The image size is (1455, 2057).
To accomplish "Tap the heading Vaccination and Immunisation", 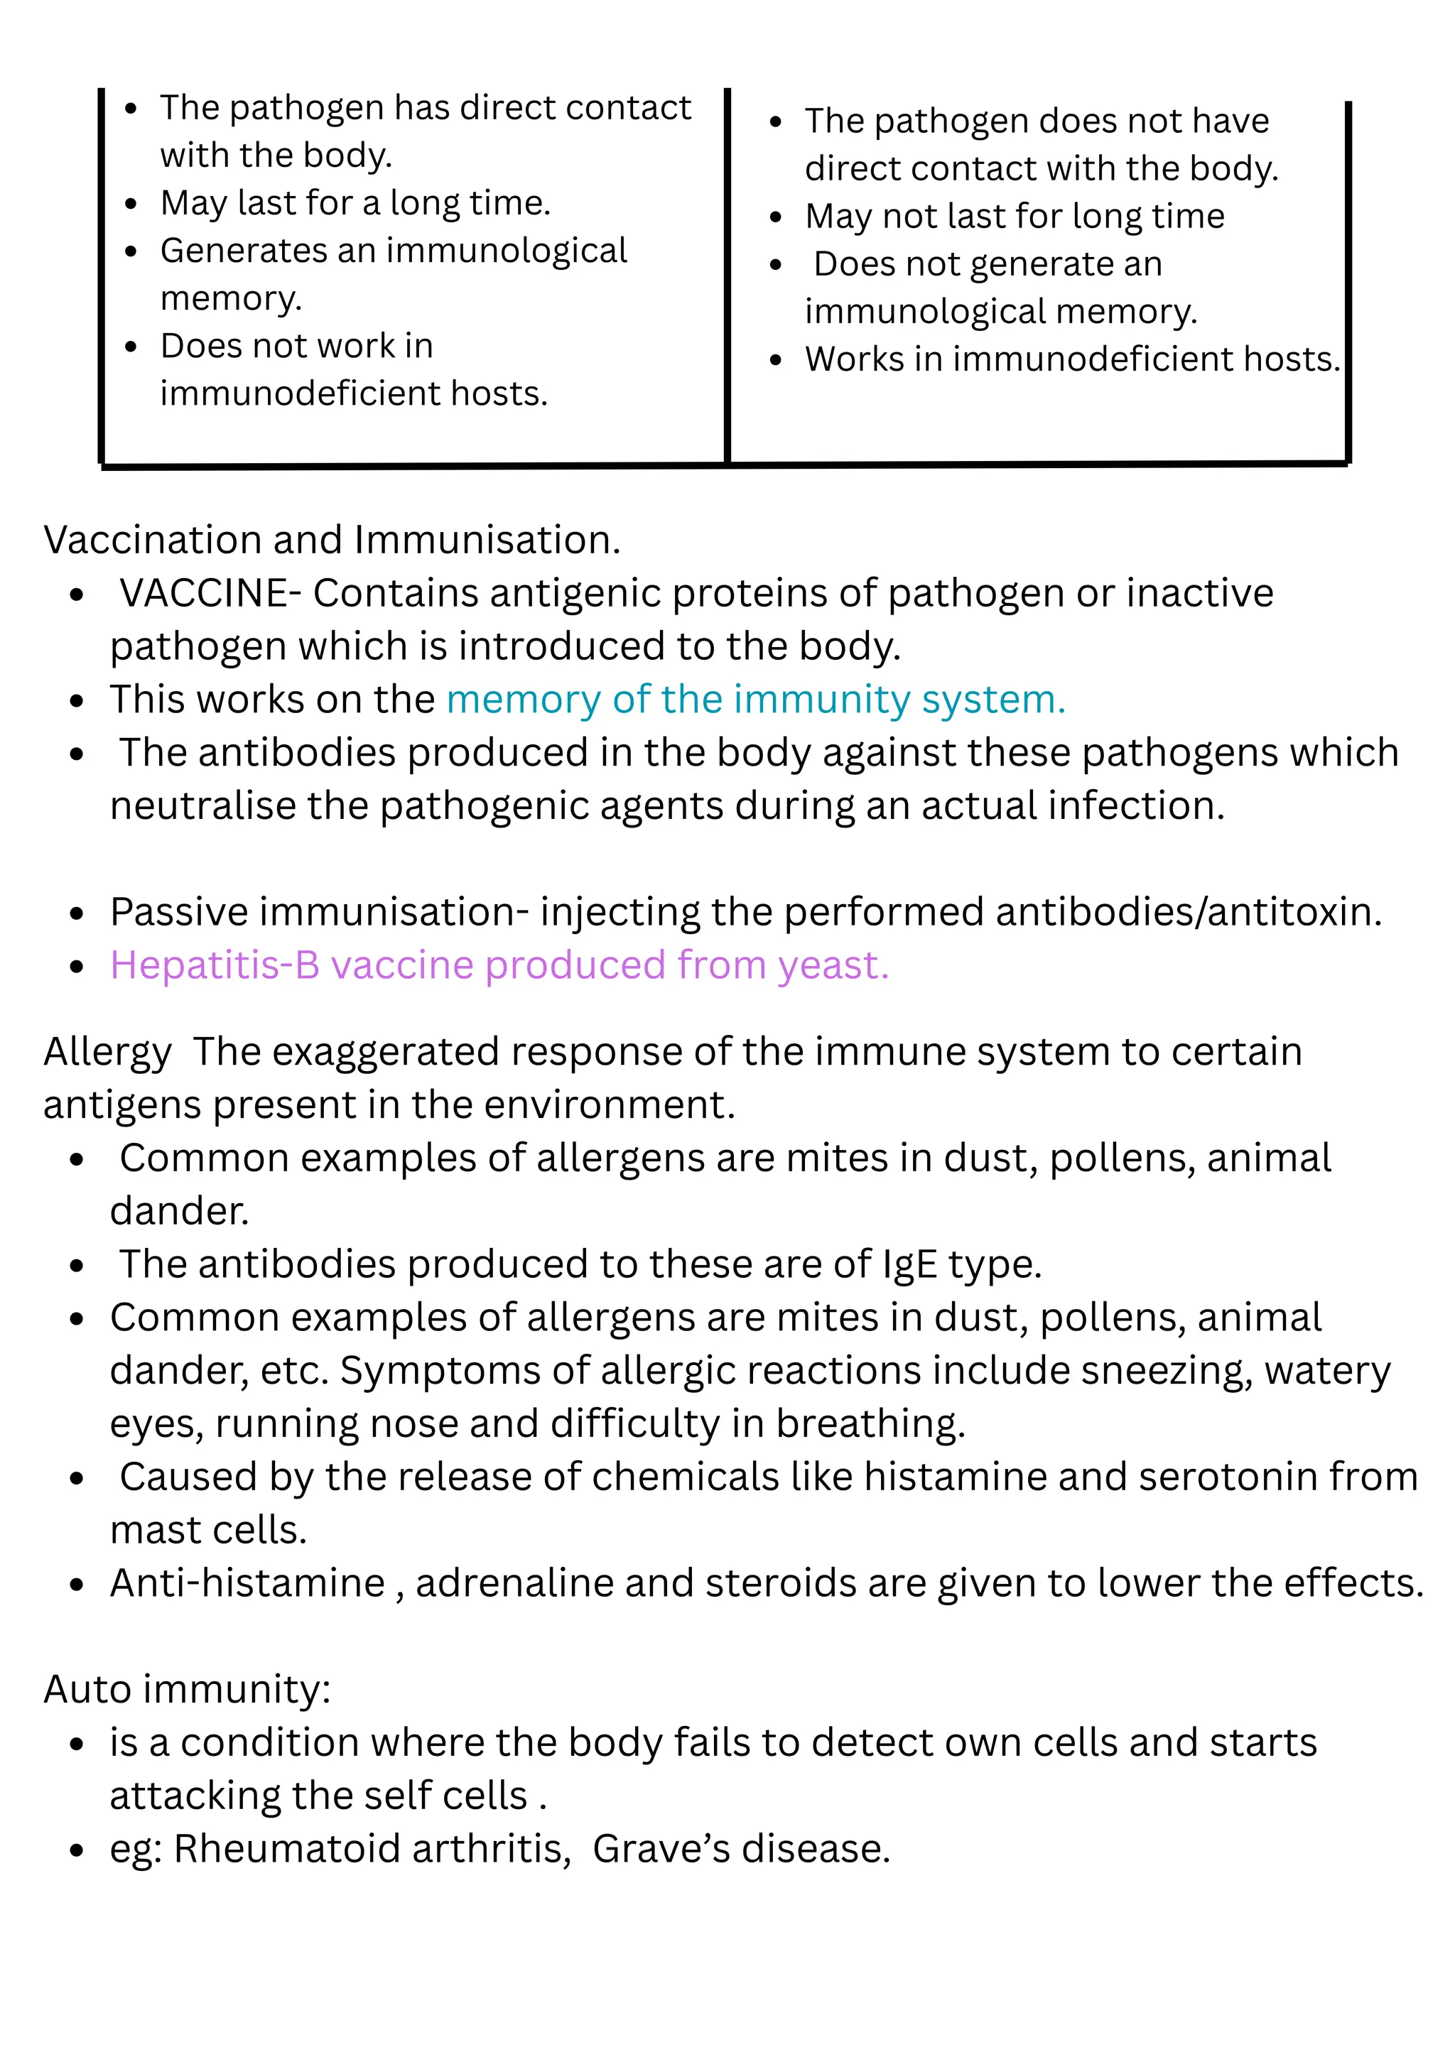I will (332, 541).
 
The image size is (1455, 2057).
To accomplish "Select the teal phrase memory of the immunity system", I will (755, 700).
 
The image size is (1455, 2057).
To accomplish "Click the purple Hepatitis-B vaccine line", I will (499, 966).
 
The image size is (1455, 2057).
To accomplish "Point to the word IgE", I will (909, 1265).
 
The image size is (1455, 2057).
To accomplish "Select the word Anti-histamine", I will (247, 1584).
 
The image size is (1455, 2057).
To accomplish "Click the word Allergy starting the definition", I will (107, 1053).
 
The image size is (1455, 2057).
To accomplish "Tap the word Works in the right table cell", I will (854, 359).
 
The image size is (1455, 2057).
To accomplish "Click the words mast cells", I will (208, 1531).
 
